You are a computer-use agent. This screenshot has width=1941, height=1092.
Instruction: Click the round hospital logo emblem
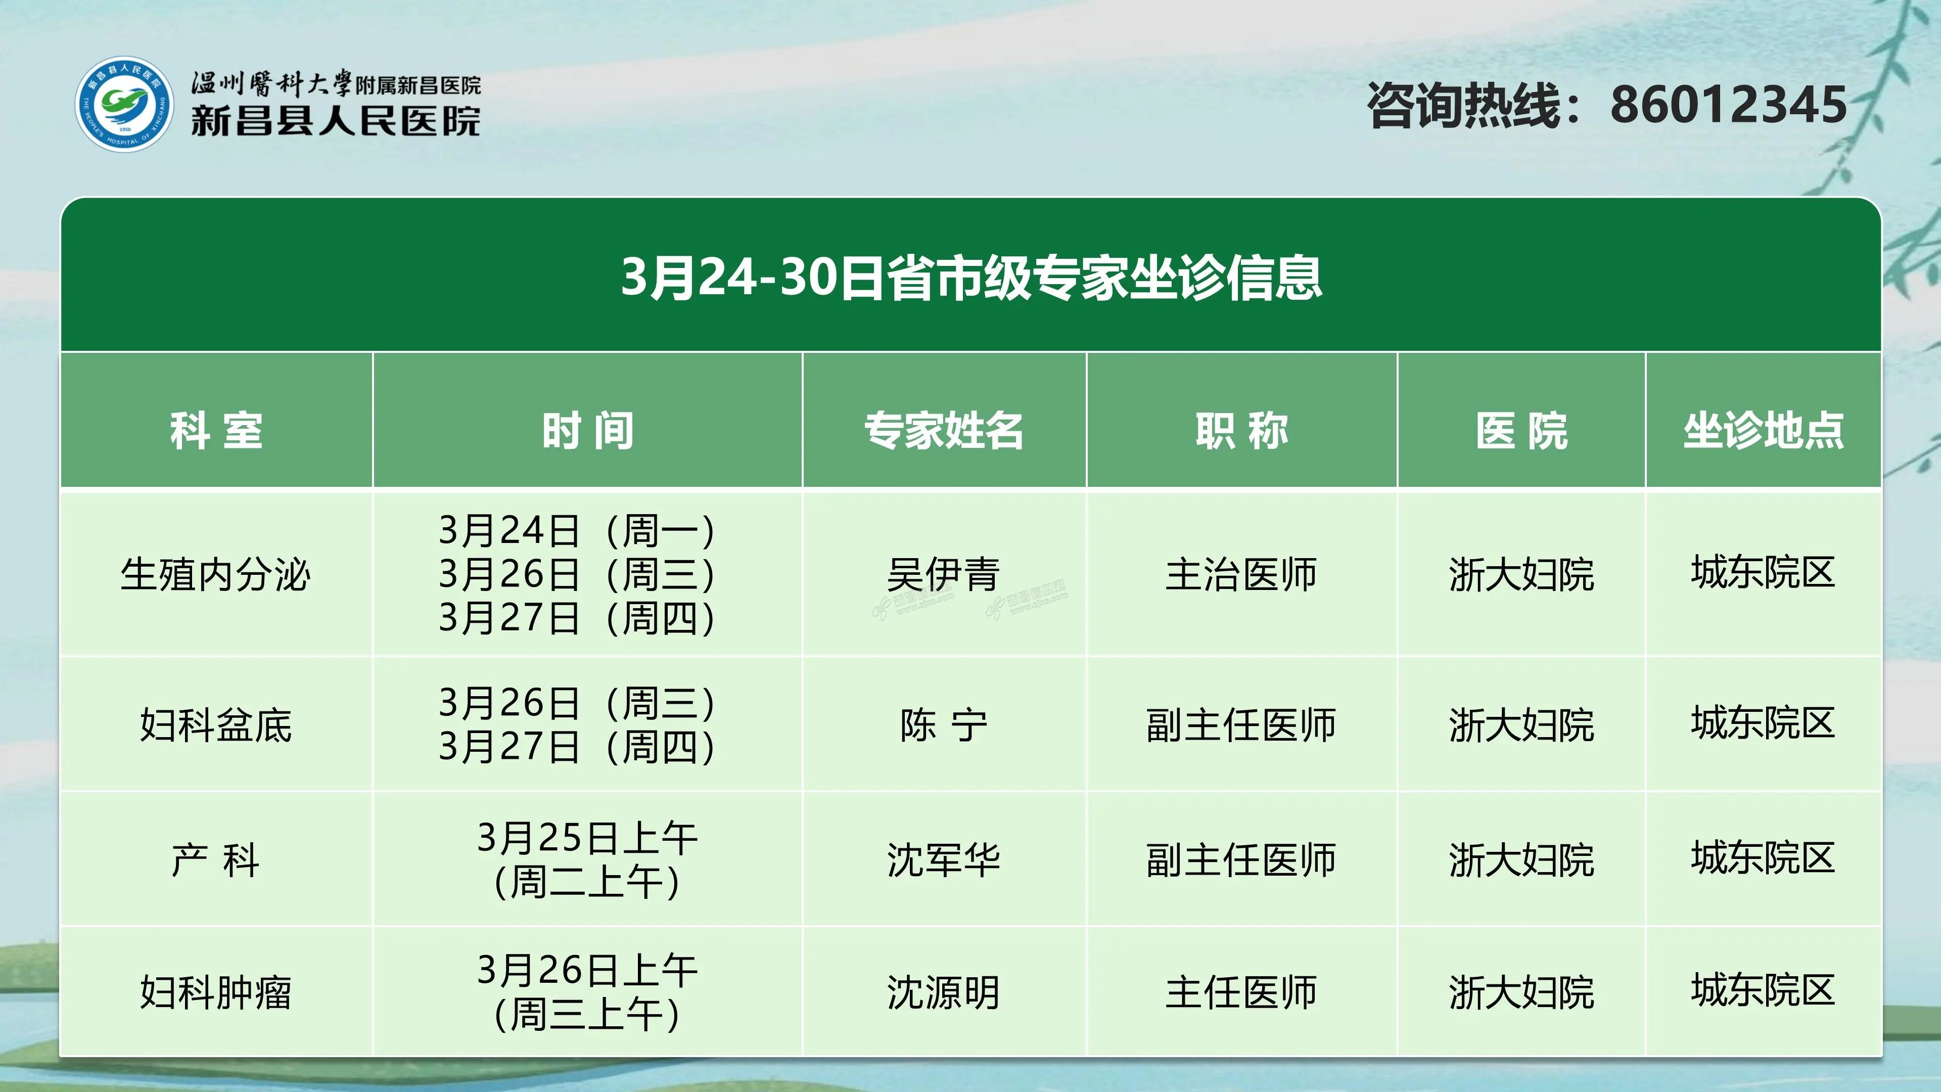click(x=124, y=104)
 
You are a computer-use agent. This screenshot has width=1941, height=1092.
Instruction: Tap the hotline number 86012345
click(x=1729, y=105)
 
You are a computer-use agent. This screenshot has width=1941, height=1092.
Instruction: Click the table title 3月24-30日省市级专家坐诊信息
click(x=971, y=278)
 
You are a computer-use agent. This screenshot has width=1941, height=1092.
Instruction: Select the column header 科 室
click(x=216, y=431)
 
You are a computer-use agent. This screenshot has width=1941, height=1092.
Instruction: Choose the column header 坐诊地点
click(x=1763, y=431)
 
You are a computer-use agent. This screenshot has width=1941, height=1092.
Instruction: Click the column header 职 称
click(x=1242, y=431)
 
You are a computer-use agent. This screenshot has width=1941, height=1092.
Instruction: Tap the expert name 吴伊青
click(x=943, y=574)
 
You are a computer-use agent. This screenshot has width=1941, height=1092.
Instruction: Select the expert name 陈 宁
click(x=943, y=725)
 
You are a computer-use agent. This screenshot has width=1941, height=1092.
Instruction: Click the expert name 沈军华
click(x=943, y=860)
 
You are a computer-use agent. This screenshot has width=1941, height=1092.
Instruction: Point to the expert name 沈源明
click(x=943, y=992)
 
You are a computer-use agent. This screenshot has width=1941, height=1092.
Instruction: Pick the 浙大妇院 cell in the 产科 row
click(x=1521, y=860)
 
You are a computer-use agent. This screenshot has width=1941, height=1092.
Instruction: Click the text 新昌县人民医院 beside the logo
click(x=335, y=121)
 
